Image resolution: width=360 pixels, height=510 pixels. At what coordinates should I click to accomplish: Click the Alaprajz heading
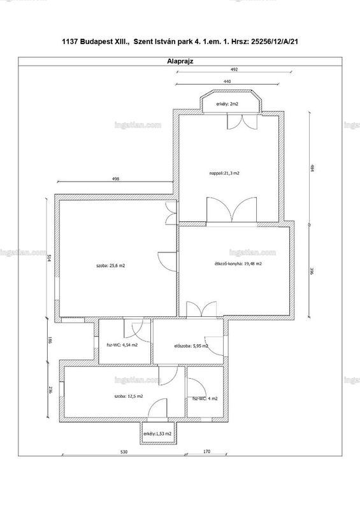[x=180, y=61]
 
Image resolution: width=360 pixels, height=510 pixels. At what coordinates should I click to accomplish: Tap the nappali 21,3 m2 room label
[x=224, y=173]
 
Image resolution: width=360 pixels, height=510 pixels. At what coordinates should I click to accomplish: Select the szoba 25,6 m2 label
[x=111, y=265]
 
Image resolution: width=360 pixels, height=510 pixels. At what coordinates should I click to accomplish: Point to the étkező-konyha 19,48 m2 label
[x=236, y=264]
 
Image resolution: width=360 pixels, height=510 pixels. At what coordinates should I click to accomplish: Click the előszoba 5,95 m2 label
[x=191, y=346]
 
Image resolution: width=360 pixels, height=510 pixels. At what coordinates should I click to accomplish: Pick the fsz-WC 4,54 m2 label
[x=122, y=345]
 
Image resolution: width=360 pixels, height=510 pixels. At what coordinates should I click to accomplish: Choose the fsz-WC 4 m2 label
[x=205, y=398]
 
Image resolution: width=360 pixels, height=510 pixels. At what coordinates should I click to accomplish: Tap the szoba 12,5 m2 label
[x=129, y=396]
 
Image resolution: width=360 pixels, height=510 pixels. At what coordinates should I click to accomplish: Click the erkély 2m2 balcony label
[x=227, y=104]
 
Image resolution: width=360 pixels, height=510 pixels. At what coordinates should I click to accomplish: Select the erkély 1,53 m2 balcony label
[x=157, y=434]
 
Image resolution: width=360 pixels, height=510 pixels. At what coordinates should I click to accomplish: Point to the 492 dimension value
[x=234, y=69]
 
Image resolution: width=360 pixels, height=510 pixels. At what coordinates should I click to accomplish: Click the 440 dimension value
[x=227, y=82]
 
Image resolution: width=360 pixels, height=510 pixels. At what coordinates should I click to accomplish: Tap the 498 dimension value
[x=115, y=178]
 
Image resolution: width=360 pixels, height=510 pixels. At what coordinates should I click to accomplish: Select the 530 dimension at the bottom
[x=124, y=452]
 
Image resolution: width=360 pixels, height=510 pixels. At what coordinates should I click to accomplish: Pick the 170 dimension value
[x=206, y=451]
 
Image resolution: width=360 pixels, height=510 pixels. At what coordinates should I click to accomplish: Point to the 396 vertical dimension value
[x=312, y=272]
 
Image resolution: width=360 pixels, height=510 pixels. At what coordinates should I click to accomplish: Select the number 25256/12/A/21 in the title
[x=275, y=41]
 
